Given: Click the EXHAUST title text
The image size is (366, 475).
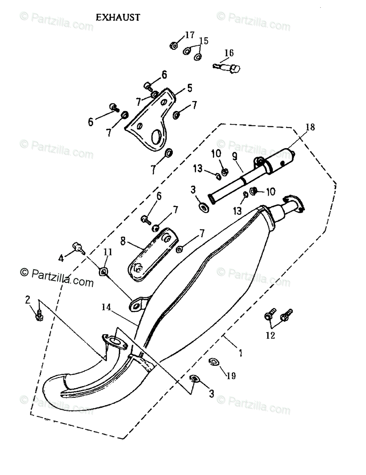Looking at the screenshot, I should pos(118,17).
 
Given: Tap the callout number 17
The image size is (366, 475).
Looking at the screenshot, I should pos(189,35).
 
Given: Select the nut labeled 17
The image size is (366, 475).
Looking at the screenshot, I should pos(174,45).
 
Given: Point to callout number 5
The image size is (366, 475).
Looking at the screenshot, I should pos(190,88).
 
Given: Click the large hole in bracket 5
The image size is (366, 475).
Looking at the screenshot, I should pos(157,137).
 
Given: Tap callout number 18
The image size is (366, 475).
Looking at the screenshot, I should pos(310,127).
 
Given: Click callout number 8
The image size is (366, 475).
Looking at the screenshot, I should pos(123,241).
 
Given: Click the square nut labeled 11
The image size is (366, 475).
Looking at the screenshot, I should pos(104,271).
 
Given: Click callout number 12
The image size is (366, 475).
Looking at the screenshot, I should pos(270,335).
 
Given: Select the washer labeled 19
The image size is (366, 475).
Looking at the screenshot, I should pos(213,362).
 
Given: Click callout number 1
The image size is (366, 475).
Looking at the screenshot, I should pos(240,352).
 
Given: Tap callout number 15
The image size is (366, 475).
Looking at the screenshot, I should pos(204,41).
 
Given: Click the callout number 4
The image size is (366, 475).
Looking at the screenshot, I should pos(61,258).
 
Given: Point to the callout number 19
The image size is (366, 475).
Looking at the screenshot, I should pos(231,376).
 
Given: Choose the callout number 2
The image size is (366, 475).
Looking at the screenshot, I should pos(27,300).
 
